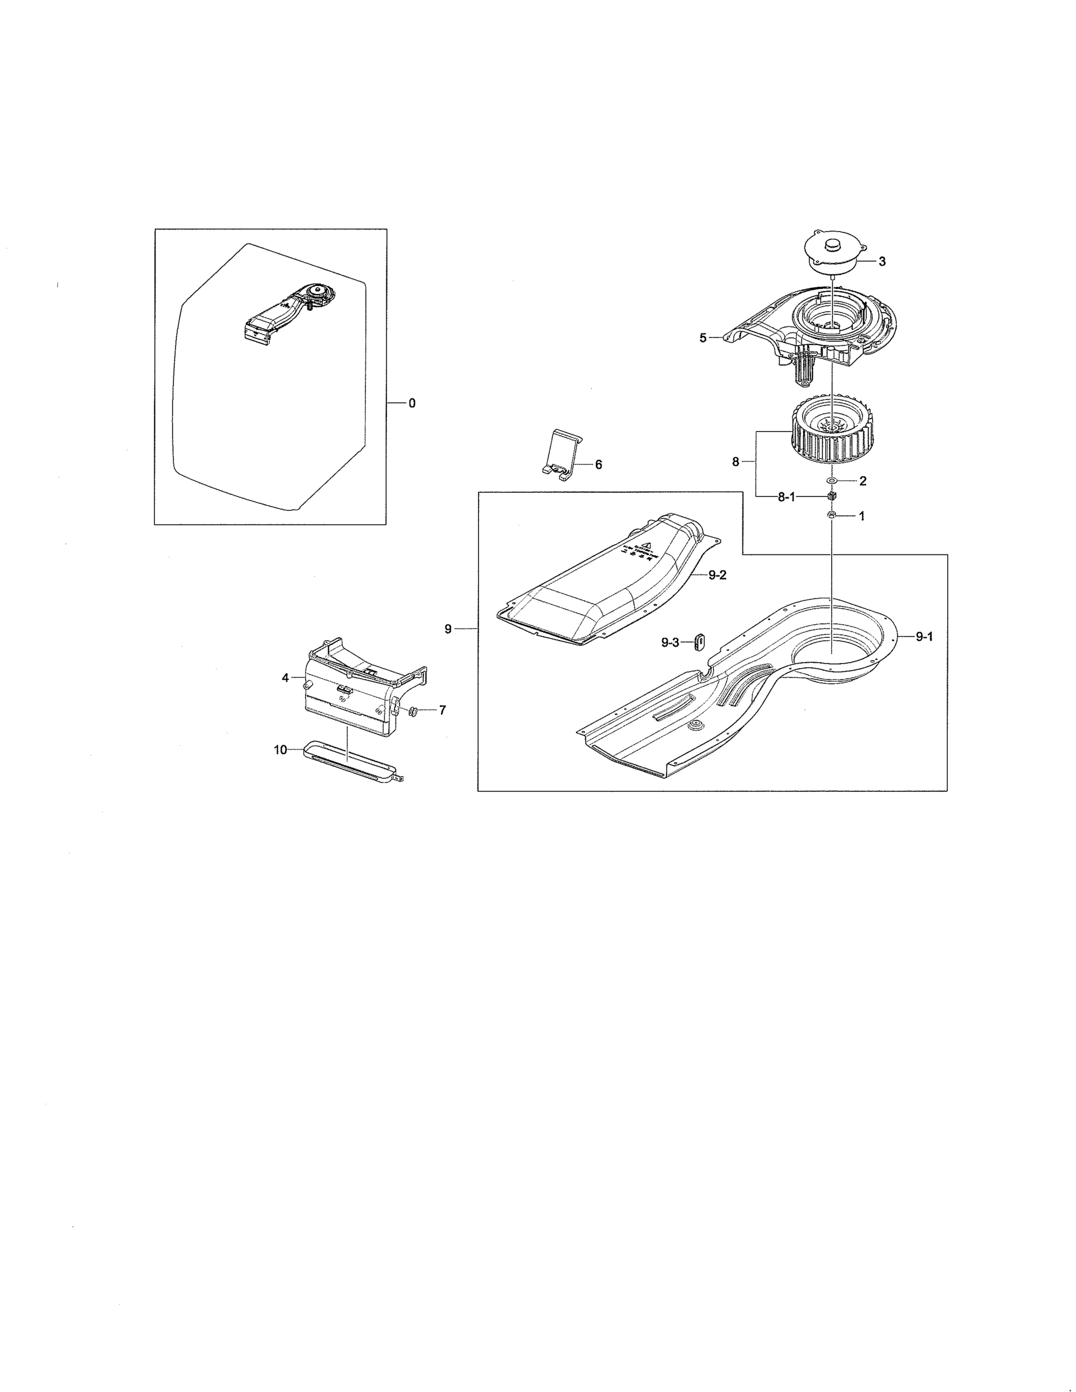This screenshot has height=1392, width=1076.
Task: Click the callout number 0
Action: pyautogui.click(x=412, y=404)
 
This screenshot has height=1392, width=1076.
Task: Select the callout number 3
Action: pyautogui.click(x=882, y=262)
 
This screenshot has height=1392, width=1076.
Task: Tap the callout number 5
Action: pyautogui.click(x=703, y=338)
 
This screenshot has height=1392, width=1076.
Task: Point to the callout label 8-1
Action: pyautogui.click(x=786, y=498)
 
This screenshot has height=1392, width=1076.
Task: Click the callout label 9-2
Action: pyautogui.click(x=717, y=575)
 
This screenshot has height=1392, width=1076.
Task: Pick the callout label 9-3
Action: pyautogui.click(x=670, y=643)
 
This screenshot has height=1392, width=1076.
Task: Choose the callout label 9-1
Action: pyautogui.click(x=924, y=636)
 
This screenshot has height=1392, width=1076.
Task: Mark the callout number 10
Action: pyautogui.click(x=281, y=750)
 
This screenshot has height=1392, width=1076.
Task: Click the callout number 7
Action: pyautogui.click(x=442, y=710)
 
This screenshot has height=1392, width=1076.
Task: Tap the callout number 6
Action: pyautogui.click(x=598, y=465)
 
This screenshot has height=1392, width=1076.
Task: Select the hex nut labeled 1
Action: pyautogui.click(x=832, y=515)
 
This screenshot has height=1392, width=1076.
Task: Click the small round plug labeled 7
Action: pyautogui.click(x=412, y=710)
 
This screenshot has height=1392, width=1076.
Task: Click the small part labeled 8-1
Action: pyautogui.click(x=831, y=496)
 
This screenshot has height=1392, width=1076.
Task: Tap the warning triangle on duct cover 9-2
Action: pyautogui.click(x=646, y=546)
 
